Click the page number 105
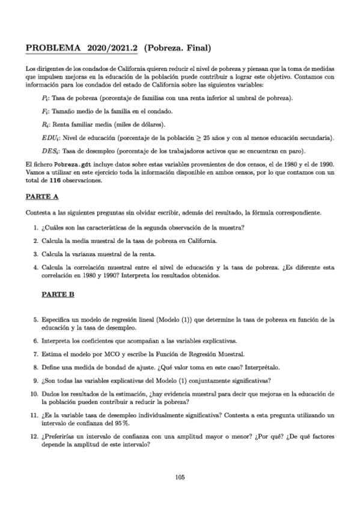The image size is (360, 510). (180, 477)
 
